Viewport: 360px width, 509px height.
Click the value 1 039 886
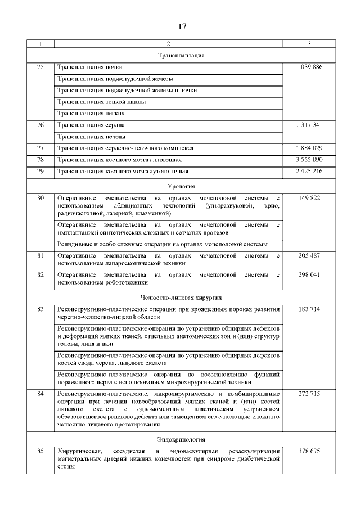[309, 67]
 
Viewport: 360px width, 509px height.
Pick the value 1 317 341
[309, 125]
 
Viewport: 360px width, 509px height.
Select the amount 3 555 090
[309, 160]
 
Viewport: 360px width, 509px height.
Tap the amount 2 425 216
[309, 171]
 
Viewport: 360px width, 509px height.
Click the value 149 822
[309, 198]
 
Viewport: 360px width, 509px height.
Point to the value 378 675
[309, 451]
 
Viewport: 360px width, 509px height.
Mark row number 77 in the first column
[40, 148]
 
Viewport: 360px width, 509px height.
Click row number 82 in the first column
[40, 274]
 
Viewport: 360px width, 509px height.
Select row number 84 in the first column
[40, 394]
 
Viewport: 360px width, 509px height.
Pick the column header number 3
[309, 44]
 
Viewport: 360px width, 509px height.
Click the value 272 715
[309, 394]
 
